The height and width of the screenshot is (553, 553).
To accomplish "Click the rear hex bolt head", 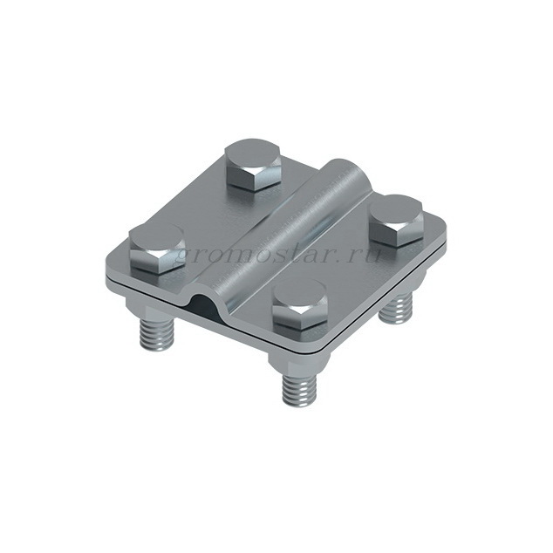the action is (x=253, y=164).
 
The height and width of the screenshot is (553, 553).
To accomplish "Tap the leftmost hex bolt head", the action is (x=157, y=249).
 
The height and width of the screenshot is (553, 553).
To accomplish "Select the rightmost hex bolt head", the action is (x=397, y=220).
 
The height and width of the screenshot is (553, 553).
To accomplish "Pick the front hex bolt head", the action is (x=300, y=305).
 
